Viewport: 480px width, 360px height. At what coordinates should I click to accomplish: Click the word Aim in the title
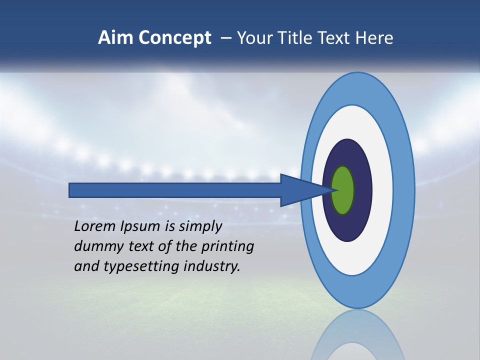[x=116, y=38]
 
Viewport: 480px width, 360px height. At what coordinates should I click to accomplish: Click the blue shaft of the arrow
[x=175, y=190]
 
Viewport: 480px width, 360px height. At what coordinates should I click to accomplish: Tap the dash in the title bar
[x=226, y=38]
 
